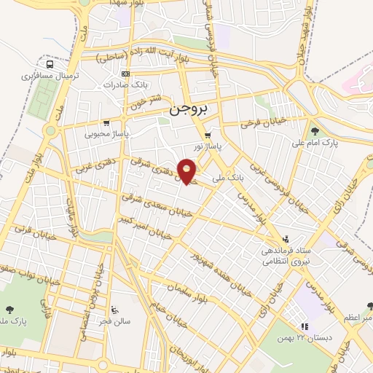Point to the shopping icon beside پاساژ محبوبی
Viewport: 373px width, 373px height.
click(106, 122)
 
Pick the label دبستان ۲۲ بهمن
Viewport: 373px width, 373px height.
click(305, 337)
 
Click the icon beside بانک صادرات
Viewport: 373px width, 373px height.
click(125, 74)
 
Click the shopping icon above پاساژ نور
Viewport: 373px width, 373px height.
click(208, 136)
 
